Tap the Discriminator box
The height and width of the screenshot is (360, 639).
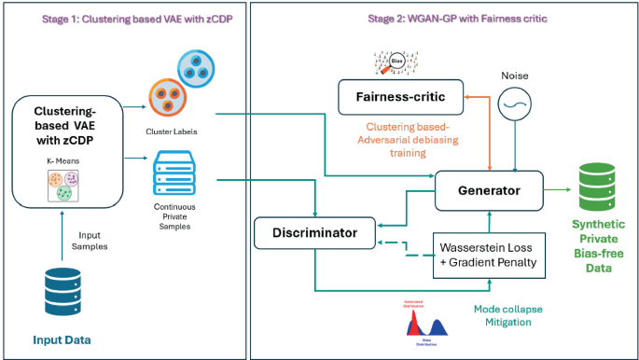[x=314, y=231]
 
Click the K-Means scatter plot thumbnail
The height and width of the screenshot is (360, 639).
[x=58, y=186]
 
